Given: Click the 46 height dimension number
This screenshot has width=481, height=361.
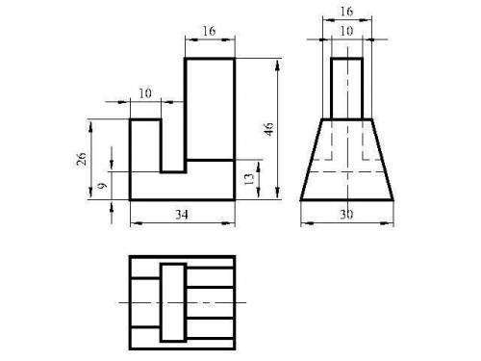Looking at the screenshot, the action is pyautogui.click(x=269, y=129).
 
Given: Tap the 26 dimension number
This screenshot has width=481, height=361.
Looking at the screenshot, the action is pyautogui.click(x=82, y=158).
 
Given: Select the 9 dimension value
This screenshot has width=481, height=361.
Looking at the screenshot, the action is pyautogui.click(x=102, y=186).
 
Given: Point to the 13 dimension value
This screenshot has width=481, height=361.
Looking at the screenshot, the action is pyautogui.click(x=249, y=179).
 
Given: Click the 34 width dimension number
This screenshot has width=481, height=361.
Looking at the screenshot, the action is pyautogui.click(x=182, y=215).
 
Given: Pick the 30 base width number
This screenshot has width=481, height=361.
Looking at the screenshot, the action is pyautogui.click(x=346, y=215).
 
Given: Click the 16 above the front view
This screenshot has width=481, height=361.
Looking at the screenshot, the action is pyautogui.click(x=209, y=31).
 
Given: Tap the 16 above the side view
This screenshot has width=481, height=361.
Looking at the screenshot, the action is pyautogui.click(x=346, y=12).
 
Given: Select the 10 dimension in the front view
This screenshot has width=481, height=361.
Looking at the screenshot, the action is pyautogui.click(x=145, y=93).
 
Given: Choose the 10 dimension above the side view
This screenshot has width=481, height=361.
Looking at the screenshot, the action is pyautogui.click(x=346, y=31).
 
